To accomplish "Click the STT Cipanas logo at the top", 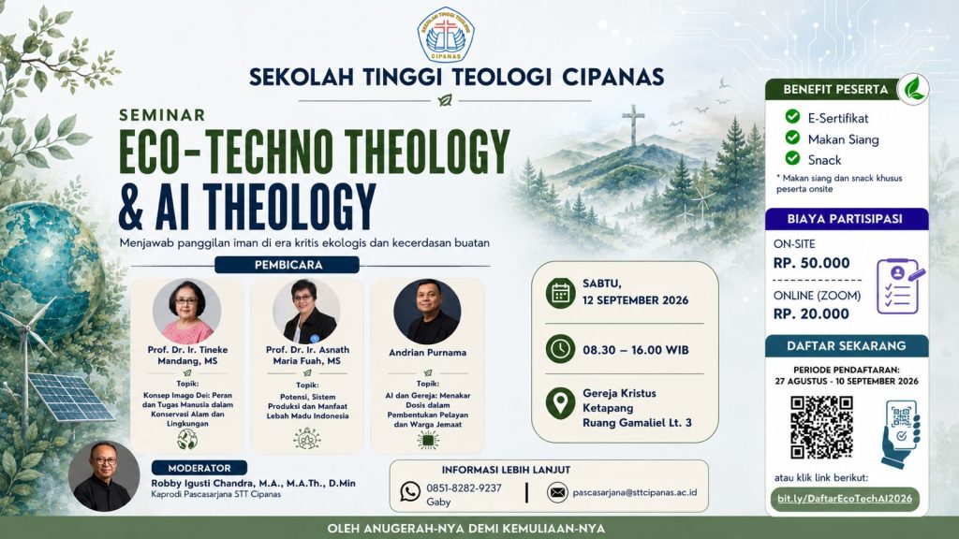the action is (x=446, y=35).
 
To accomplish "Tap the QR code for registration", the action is (x=821, y=427).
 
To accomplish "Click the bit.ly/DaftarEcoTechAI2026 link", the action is (x=845, y=499).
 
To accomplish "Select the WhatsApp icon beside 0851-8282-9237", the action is (x=410, y=491).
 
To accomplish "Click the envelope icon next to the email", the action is (x=557, y=492).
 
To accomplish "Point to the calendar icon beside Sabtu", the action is (x=560, y=293).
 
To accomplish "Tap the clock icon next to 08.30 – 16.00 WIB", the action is (x=560, y=350).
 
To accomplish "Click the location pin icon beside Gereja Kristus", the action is (x=560, y=403).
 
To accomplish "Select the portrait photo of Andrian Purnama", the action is (x=427, y=312).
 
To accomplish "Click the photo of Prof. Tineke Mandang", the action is (x=186, y=312).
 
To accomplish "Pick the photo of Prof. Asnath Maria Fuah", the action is (x=307, y=312).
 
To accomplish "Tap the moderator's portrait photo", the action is (x=104, y=476).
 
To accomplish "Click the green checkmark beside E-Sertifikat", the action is (x=792, y=116).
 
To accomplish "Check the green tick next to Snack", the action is (x=792, y=158).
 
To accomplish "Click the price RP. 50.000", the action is (x=812, y=263).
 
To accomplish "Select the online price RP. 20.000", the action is (x=812, y=314).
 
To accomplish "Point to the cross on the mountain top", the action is (x=633, y=125).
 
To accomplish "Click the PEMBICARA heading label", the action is (x=287, y=265).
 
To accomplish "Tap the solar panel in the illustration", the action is (x=70, y=396).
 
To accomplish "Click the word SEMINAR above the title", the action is (x=162, y=115).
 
